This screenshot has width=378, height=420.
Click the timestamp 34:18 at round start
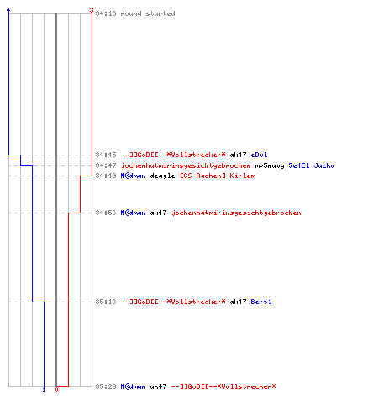coord(106,13)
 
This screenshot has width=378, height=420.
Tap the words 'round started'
coord(148,13)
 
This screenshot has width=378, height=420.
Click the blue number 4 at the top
coord(8,10)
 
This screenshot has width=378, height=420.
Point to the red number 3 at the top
coord(92,10)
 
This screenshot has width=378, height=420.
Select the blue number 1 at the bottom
coord(44,390)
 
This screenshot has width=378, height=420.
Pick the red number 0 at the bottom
coord(56,390)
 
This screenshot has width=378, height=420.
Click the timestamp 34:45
coord(106,155)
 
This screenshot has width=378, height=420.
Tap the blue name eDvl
coord(259,155)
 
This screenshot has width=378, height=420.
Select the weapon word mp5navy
coord(270,165)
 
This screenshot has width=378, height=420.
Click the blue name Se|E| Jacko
coord(312,165)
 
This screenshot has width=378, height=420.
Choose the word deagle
coord(162,176)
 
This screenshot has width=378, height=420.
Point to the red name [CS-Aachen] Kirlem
coord(218,176)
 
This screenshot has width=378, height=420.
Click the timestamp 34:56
coord(106,213)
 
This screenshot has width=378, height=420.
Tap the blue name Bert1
coord(261,302)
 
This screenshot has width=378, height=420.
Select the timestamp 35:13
coord(106,302)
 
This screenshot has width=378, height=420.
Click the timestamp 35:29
coord(106,386)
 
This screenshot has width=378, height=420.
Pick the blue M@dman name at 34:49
coord(133,176)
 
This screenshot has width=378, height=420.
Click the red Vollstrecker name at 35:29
coord(223,386)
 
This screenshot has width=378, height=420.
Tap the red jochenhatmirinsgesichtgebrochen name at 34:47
coord(186,165)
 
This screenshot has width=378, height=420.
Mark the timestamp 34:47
coord(106,165)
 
